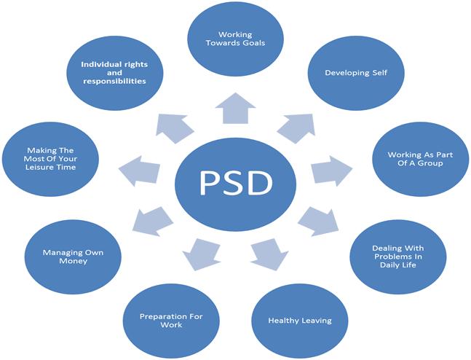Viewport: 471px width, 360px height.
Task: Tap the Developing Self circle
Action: pyautogui.click(x=356, y=74)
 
